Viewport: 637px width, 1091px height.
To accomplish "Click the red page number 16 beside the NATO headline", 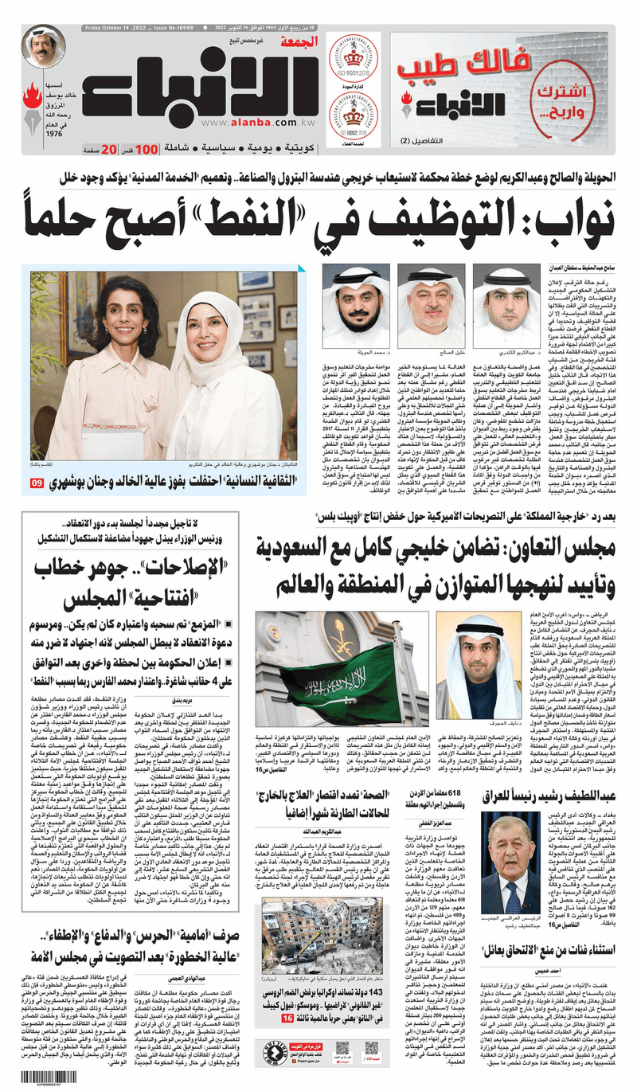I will pos(287,1011).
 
